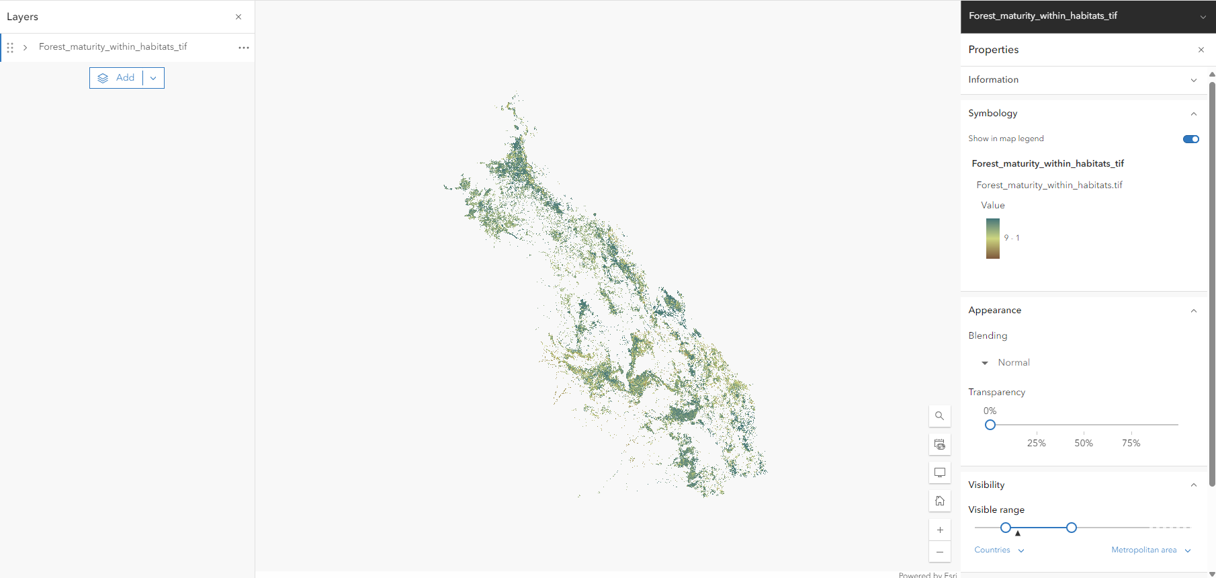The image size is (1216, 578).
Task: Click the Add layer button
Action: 117,78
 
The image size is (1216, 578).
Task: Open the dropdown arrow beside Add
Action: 154,78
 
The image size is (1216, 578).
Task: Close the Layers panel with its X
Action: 238,17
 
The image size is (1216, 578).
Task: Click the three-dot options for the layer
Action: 244,48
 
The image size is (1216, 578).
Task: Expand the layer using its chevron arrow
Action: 26,48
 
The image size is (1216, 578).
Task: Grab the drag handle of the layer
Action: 10,48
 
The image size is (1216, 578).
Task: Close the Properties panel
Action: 1201,50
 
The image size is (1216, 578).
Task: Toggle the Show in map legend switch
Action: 1190,139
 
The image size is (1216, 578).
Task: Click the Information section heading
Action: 994,79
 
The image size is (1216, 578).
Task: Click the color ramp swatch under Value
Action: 993,239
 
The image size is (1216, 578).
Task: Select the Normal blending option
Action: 1013,362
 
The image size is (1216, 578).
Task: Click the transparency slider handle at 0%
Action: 990,425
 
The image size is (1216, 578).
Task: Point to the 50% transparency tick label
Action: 1084,443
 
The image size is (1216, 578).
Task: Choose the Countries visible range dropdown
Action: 999,550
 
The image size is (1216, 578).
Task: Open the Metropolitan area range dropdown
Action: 1150,550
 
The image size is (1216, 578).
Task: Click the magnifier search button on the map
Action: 940,416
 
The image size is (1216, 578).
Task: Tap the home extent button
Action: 940,501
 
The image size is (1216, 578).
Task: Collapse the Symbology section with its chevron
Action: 1194,114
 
